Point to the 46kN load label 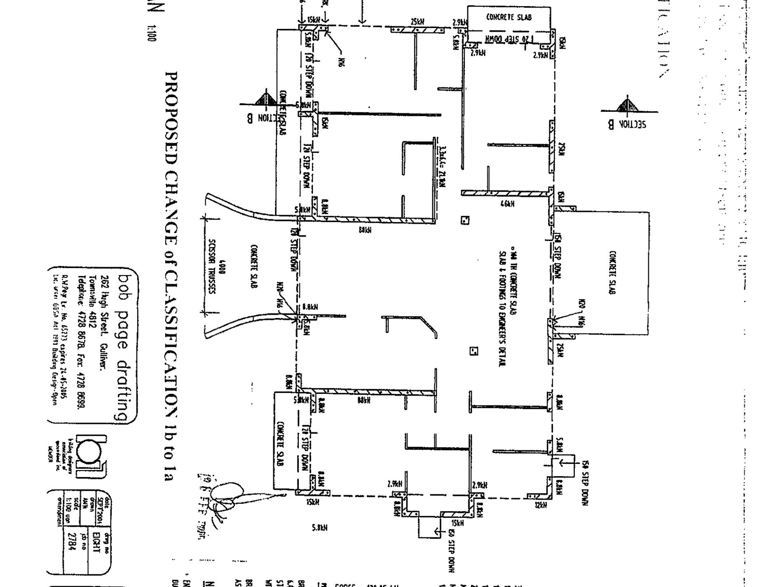507,203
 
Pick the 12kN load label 541,505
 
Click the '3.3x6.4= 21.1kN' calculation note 442,166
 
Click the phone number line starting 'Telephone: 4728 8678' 81,342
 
